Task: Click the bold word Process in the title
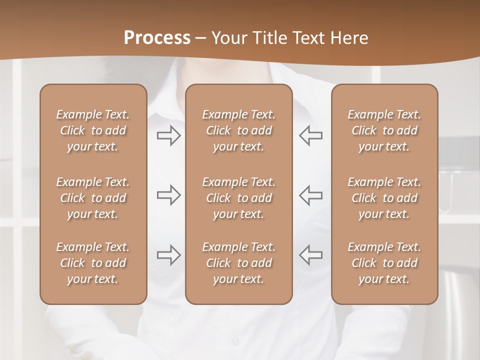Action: point(157,38)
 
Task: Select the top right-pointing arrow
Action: point(169,135)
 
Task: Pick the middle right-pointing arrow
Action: point(169,195)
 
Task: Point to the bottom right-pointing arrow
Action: point(169,255)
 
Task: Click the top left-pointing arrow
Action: point(310,135)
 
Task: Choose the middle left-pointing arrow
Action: point(310,195)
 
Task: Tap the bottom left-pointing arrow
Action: point(310,255)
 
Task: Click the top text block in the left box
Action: point(93,130)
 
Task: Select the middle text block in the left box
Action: point(93,198)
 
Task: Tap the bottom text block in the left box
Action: point(93,263)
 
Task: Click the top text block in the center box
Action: point(238,130)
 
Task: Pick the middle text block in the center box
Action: point(238,198)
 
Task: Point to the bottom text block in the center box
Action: point(238,263)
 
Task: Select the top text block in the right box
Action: point(384,130)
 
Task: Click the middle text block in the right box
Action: point(384,198)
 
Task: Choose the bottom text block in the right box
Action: point(384,263)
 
